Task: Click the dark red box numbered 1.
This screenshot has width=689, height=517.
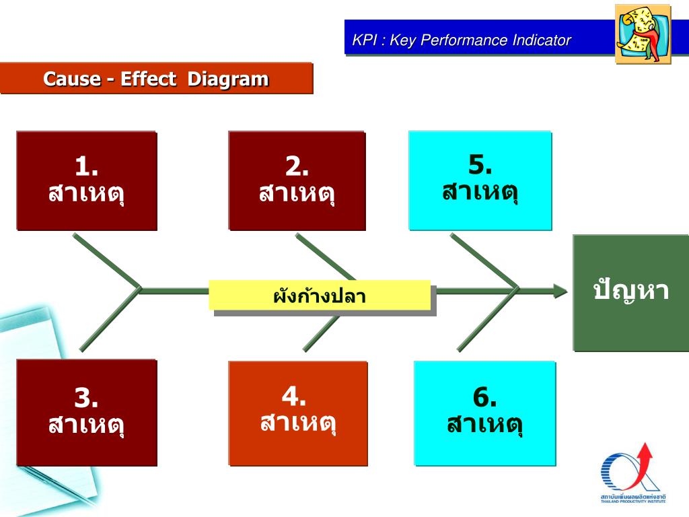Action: [x=87, y=180]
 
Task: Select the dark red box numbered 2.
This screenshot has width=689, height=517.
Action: [x=297, y=180]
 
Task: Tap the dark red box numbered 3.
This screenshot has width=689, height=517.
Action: [x=87, y=412]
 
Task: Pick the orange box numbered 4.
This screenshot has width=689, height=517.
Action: [x=297, y=413]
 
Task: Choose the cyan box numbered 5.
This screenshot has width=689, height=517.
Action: [x=480, y=180]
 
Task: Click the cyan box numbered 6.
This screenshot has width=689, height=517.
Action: [x=484, y=413]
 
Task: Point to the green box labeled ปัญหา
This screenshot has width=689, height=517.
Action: [x=630, y=292]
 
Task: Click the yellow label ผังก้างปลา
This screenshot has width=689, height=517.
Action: [x=319, y=296]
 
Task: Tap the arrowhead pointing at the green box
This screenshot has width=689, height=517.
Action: [x=560, y=291]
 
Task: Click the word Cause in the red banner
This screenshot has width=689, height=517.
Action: [x=72, y=79]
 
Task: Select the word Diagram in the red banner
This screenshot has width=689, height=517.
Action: [x=227, y=79]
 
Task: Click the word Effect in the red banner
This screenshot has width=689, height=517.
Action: [x=149, y=79]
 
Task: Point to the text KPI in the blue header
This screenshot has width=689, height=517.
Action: [x=365, y=40]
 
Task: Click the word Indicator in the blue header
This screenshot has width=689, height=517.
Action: [x=541, y=40]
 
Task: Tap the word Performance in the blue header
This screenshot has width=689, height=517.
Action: [x=466, y=40]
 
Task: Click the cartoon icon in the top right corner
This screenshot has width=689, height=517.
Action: [x=643, y=34]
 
